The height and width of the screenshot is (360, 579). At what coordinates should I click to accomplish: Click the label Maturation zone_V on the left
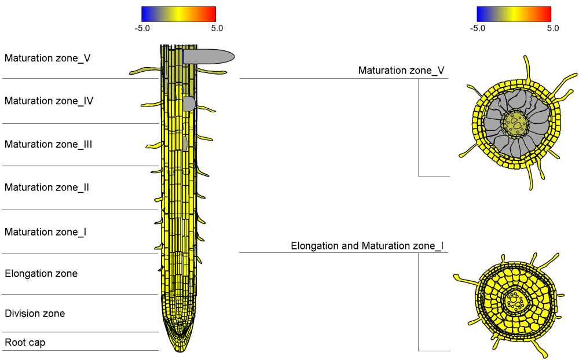coord(47,58)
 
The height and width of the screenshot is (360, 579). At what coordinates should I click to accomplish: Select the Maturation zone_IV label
coord(49,101)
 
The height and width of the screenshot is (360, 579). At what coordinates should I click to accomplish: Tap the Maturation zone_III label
coord(49,144)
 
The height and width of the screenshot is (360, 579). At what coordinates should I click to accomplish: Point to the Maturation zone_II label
coord(47,188)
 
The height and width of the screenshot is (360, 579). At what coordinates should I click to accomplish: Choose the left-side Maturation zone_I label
coord(46,232)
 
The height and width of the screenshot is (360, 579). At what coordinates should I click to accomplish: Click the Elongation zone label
coord(41,273)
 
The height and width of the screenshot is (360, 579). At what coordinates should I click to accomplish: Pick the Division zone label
coord(35,314)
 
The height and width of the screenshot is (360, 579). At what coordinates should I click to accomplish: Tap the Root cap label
coord(25,343)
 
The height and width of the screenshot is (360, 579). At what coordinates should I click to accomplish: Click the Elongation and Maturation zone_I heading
coord(367,246)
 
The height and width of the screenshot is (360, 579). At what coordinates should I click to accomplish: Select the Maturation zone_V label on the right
coord(401,71)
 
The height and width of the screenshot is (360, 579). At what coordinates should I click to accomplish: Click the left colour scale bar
coord(178,14)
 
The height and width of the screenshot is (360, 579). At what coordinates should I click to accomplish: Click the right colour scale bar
coord(514,14)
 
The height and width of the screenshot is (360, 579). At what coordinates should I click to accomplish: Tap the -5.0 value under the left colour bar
coord(142,28)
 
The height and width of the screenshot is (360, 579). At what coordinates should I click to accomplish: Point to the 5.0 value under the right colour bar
coord(553,28)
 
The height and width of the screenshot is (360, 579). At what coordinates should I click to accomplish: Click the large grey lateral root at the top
coord(208,56)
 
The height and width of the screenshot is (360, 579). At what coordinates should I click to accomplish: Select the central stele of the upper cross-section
coord(515,122)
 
